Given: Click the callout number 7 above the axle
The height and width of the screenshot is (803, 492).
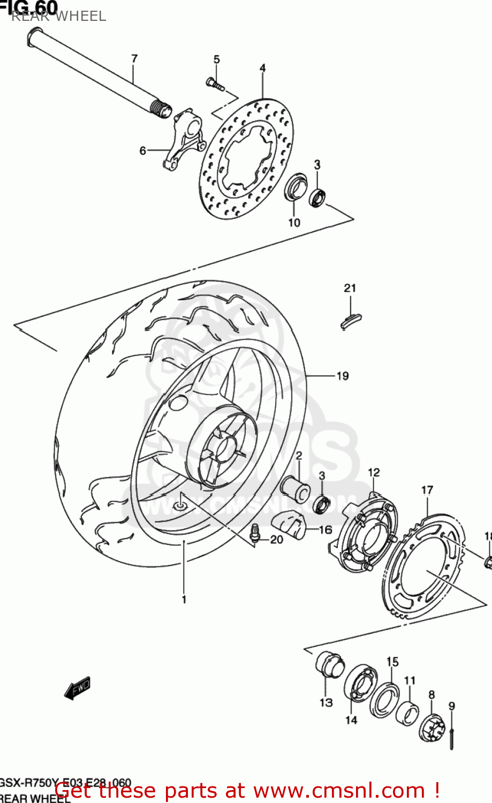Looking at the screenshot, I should (x=134, y=58).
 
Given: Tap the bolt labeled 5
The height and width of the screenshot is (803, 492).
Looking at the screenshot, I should (x=214, y=83).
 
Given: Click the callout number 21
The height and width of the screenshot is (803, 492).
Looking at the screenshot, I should (x=350, y=288).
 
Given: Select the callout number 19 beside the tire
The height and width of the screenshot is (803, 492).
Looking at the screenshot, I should (x=342, y=376).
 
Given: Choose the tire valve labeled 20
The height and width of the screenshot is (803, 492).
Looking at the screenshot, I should (x=255, y=534).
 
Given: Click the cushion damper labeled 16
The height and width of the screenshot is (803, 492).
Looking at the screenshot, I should (x=289, y=524).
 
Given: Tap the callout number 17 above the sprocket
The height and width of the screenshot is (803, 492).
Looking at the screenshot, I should (x=427, y=490).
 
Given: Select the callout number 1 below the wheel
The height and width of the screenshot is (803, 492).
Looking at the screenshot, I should (x=184, y=599).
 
